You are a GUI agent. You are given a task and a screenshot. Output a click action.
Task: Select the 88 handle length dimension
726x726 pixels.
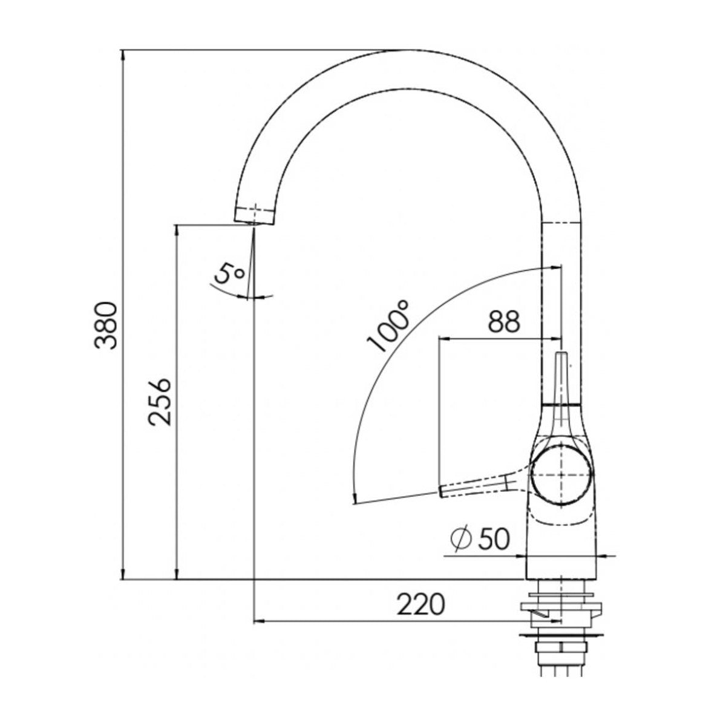click(503, 322)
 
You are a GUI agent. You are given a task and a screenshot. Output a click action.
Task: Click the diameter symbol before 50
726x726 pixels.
click(461, 538)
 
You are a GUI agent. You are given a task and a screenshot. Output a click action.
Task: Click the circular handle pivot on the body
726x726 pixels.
click(561, 475)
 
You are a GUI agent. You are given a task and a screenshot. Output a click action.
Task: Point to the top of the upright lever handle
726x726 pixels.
click(562, 355)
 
